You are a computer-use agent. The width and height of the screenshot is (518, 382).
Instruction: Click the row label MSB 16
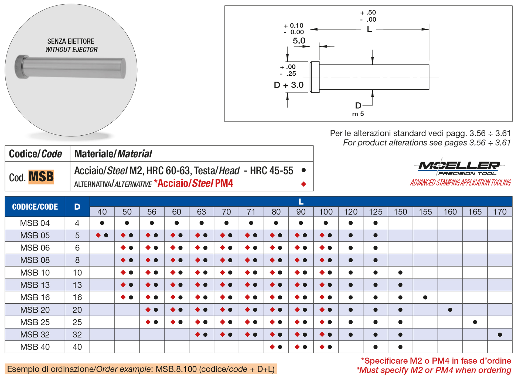35,297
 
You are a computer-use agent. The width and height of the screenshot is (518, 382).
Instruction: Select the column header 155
425,212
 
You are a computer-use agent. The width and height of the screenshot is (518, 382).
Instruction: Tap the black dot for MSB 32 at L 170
500,335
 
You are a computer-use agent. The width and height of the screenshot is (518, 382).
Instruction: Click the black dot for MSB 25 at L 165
475,322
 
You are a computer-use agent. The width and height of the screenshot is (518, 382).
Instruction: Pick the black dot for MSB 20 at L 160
450,310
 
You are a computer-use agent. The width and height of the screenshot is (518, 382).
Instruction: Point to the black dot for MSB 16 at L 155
425,297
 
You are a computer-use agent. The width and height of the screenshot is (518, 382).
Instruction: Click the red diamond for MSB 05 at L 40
98,235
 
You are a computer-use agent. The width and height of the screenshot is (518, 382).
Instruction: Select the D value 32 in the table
77,335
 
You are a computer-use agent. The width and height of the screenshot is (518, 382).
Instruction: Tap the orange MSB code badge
41,177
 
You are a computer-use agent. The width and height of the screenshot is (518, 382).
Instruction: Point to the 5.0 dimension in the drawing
299,41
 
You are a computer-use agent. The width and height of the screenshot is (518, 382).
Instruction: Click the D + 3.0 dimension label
289,85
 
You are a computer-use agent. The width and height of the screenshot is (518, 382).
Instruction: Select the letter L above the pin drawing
369,29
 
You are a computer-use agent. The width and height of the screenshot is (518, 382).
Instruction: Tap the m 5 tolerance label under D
358,114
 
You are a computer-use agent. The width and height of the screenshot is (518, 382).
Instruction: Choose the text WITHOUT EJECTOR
71,50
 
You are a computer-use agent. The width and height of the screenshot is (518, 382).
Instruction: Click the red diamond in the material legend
304,184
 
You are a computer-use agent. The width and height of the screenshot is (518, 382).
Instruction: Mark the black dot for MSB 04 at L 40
102,223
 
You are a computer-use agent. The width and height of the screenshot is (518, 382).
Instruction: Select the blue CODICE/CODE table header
35,207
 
